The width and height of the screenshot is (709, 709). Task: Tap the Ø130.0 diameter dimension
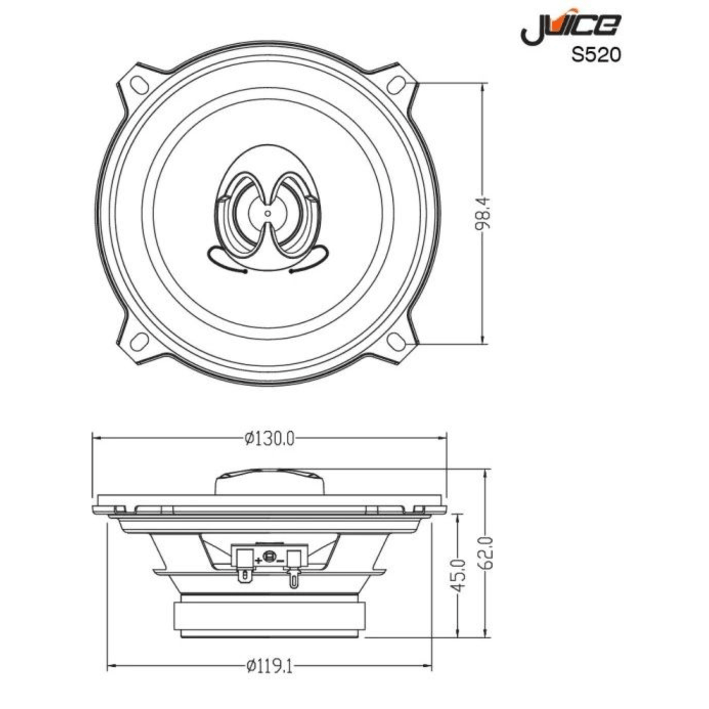[270, 437]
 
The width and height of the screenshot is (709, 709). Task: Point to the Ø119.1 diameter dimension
[269, 666]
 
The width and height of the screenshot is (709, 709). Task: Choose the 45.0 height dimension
[459, 575]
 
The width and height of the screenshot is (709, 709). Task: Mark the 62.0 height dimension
[488, 552]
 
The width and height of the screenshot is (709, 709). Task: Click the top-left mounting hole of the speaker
[140, 82]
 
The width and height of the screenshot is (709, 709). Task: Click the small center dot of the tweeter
[268, 213]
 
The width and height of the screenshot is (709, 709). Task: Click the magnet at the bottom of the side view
[270, 616]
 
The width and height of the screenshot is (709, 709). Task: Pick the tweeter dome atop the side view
[270, 482]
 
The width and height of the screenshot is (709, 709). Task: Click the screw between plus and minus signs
[269, 558]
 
